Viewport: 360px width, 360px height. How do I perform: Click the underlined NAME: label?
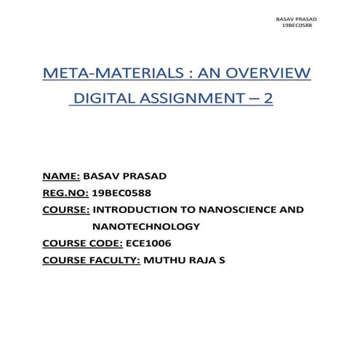click(61, 177)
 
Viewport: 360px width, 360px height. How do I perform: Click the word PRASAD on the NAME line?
click(149, 177)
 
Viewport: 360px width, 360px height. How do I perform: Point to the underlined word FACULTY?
click(114, 260)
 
